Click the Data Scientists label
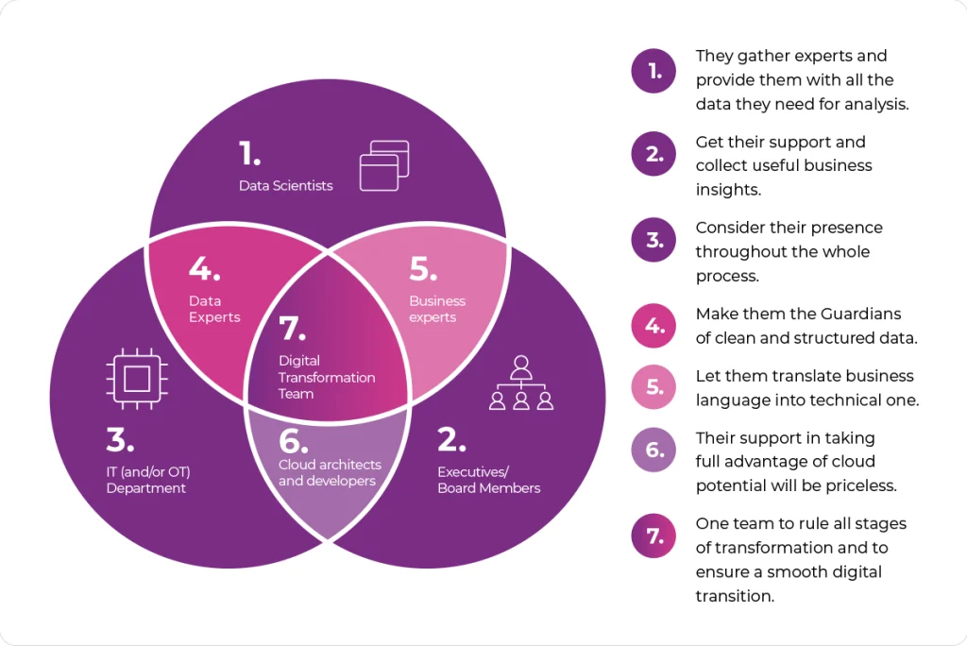click(x=285, y=186)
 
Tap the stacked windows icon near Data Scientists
click(x=384, y=166)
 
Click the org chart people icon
click(x=521, y=382)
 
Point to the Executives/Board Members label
click(x=488, y=480)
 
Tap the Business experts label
click(x=437, y=309)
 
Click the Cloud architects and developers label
click(x=330, y=472)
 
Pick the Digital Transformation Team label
click(x=327, y=377)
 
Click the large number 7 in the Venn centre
click(x=293, y=329)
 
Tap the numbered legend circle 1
click(x=654, y=71)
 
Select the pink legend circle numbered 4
click(x=654, y=326)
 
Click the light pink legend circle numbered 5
click(x=654, y=387)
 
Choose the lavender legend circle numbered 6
click(x=654, y=450)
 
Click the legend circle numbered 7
click(x=654, y=535)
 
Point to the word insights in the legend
click(x=728, y=190)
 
